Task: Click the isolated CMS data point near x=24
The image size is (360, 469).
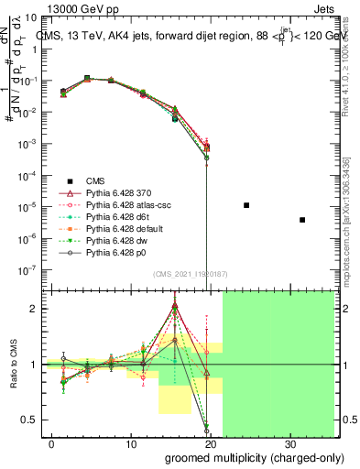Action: [246, 205]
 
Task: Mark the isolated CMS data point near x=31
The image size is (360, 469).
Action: [302, 220]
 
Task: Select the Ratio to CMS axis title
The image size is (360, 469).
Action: [14, 366]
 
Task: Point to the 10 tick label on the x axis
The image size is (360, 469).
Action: [131, 442]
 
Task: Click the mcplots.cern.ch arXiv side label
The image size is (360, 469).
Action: [349, 202]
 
